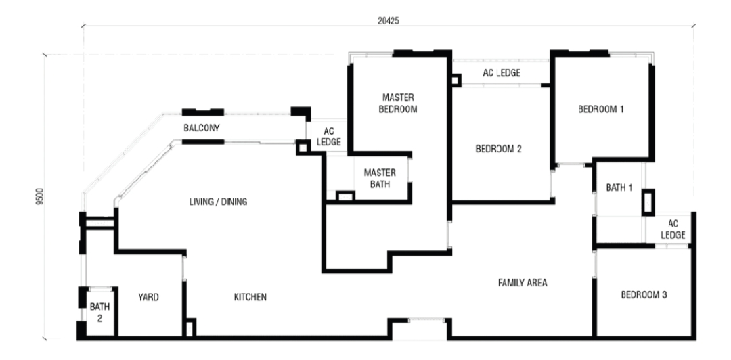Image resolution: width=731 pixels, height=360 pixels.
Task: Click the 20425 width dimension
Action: coord(388,21)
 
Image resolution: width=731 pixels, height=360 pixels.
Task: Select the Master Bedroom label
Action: coord(398,103)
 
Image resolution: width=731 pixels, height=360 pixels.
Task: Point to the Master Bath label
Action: coord(380,177)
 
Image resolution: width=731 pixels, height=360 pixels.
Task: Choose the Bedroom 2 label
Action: coord(498,149)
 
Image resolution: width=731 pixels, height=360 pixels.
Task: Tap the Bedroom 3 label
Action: coord(644,295)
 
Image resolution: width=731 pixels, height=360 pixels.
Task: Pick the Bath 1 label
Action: coord(619,188)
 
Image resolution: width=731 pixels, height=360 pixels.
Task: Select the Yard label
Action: coord(148,297)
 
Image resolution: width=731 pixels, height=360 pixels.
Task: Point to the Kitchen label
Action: coord(250,297)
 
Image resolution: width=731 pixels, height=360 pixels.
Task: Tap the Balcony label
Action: coord(202,127)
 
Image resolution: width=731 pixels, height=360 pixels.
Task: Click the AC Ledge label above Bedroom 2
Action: coord(502,73)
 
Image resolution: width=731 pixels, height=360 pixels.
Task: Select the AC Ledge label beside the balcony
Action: coord(330,136)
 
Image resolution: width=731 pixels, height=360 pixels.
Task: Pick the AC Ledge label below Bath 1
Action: coord(673,229)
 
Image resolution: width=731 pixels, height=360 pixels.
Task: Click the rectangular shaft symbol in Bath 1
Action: coord(648,203)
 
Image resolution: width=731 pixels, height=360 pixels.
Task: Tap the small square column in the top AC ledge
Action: coord(456,80)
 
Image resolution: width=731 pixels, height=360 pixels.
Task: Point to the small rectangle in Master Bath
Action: coord(345,196)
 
